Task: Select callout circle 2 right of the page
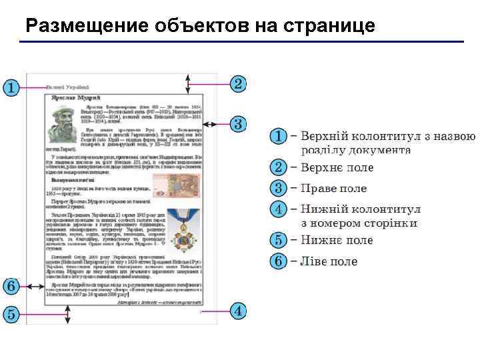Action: coord(239,83)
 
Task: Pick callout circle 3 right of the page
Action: coord(239,124)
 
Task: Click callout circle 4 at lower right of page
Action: coord(239,311)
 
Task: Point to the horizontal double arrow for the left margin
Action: coord(35,287)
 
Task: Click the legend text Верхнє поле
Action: coord(337,167)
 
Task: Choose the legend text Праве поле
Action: coord(333,189)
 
